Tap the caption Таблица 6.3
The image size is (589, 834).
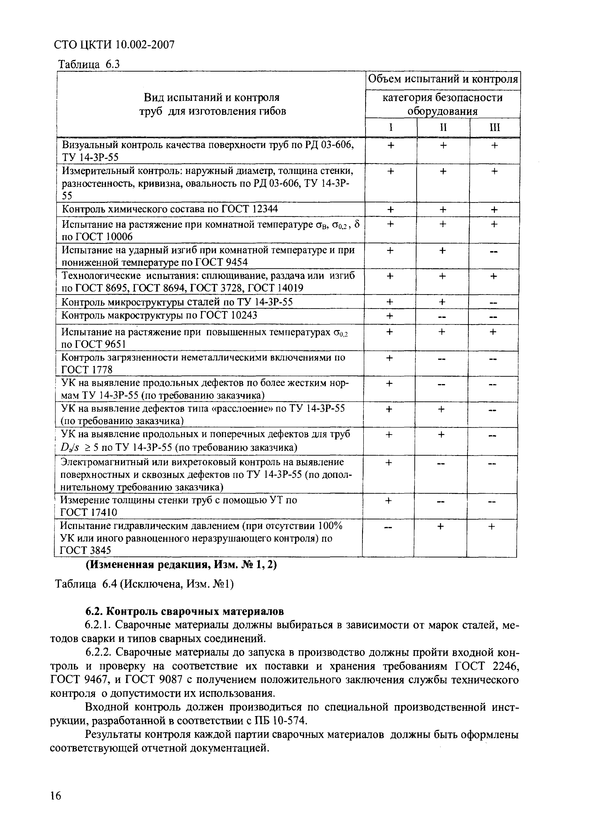(x=89, y=65)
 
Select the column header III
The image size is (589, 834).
(x=495, y=127)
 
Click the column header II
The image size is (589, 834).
(x=443, y=127)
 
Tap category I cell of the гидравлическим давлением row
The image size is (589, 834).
(x=388, y=527)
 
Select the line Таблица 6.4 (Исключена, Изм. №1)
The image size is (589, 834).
(x=144, y=584)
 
